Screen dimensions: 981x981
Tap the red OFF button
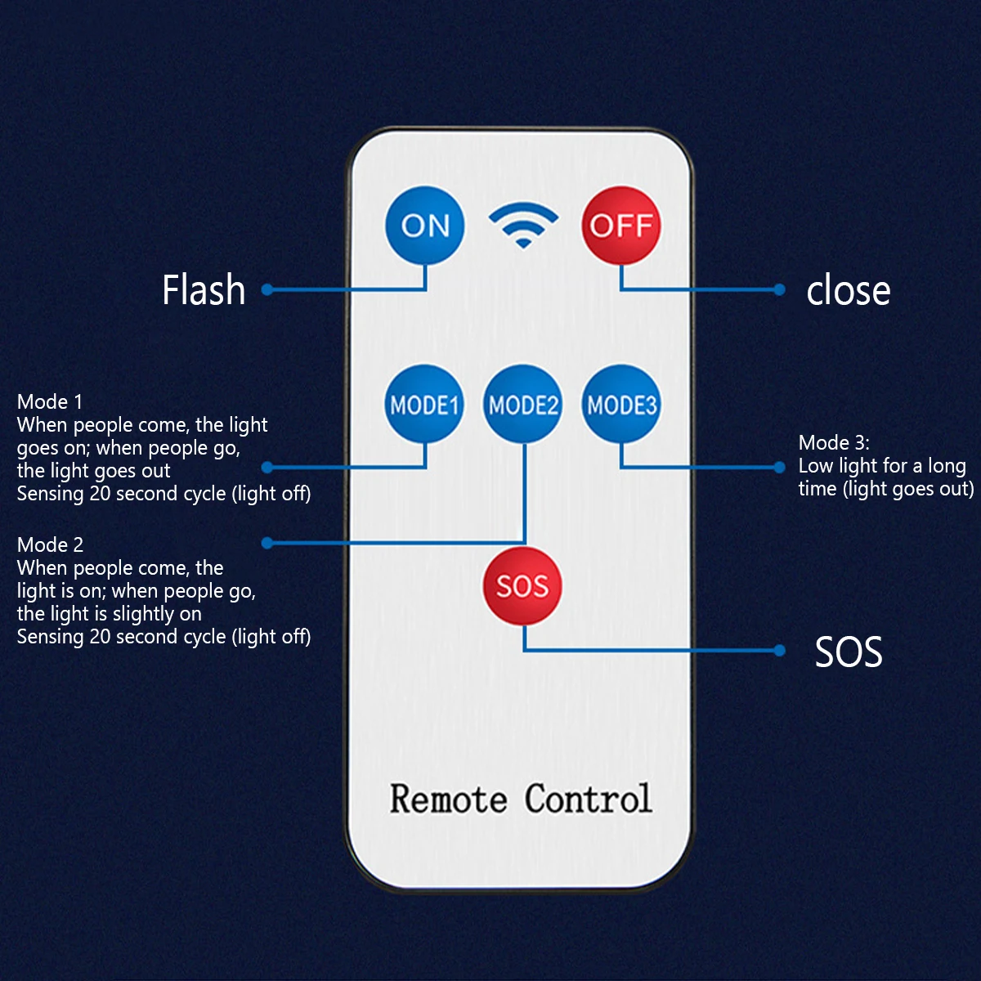tap(621, 225)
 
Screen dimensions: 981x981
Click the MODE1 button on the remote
tap(424, 404)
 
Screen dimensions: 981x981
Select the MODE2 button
tap(523, 404)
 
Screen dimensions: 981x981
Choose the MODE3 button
tap(621, 404)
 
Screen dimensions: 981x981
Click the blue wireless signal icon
tap(523, 225)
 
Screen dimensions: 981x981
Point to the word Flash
tap(204, 289)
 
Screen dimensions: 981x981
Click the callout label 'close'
tap(849, 291)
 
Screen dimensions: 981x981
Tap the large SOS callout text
tap(849, 652)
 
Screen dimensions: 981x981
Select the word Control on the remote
tap(589, 798)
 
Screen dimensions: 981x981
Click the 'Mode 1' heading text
tap(49, 402)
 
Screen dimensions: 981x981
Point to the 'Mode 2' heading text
tap(50, 545)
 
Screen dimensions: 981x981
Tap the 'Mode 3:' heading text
tap(834, 443)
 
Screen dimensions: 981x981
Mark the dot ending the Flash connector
tap(267, 290)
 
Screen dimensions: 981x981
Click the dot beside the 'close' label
tap(779, 290)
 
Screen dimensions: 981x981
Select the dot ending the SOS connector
tap(779, 650)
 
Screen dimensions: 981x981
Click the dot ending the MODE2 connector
tap(267, 543)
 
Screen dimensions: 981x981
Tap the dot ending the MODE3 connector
tap(779, 468)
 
